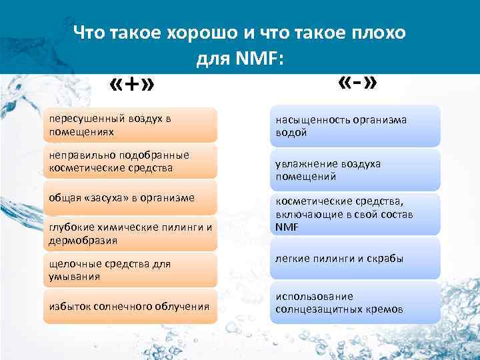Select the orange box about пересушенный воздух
click(x=131, y=125)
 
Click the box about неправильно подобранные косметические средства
click(x=131, y=161)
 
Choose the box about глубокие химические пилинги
click(x=131, y=233)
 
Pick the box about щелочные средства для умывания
click(x=131, y=270)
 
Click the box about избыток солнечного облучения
click(x=131, y=306)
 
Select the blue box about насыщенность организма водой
click(x=355, y=126)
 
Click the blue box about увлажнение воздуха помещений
click(x=355, y=170)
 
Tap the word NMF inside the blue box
click(x=287, y=227)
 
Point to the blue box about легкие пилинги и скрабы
click(x=355, y=259)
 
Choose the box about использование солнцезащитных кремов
click(x=355, y=303)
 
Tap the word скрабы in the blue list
click(x=385, y=259)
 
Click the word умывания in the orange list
click(x=71, y=277)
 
